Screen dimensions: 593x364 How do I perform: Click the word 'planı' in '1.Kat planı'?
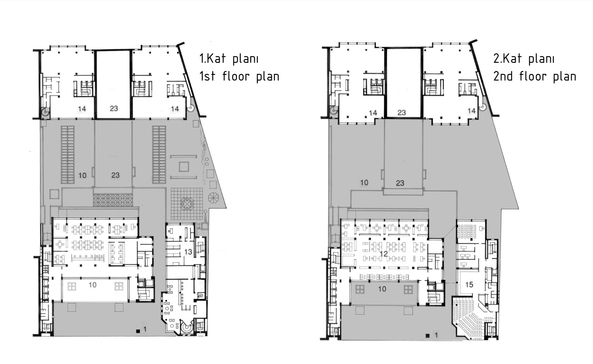pos(246,59)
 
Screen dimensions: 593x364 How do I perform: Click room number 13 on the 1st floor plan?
pos(188,252)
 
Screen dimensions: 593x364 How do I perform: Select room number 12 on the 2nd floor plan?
pos(383,254)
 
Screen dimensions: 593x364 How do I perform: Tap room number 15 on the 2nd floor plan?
pos(469,285)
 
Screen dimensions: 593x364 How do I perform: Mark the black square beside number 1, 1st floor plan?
pos(138,331)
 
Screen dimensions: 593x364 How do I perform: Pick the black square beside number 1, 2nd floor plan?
pos(428,336)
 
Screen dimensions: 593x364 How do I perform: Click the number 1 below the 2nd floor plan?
pos(436,335)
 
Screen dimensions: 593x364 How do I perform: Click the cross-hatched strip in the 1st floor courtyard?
pos(113,200)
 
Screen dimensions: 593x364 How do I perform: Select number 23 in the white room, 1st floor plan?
pos(114,109)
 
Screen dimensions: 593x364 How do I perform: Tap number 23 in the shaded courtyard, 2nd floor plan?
pos(400,183)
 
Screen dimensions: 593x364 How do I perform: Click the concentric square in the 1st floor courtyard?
pos(184,166)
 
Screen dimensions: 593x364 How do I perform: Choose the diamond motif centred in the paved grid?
pos(187,204)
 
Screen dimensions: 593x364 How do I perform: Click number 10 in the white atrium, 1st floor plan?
pos(93,285)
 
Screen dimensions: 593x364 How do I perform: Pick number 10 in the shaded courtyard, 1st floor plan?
pos(82,175)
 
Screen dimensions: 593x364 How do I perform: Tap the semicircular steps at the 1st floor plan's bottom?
pos(187,329)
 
